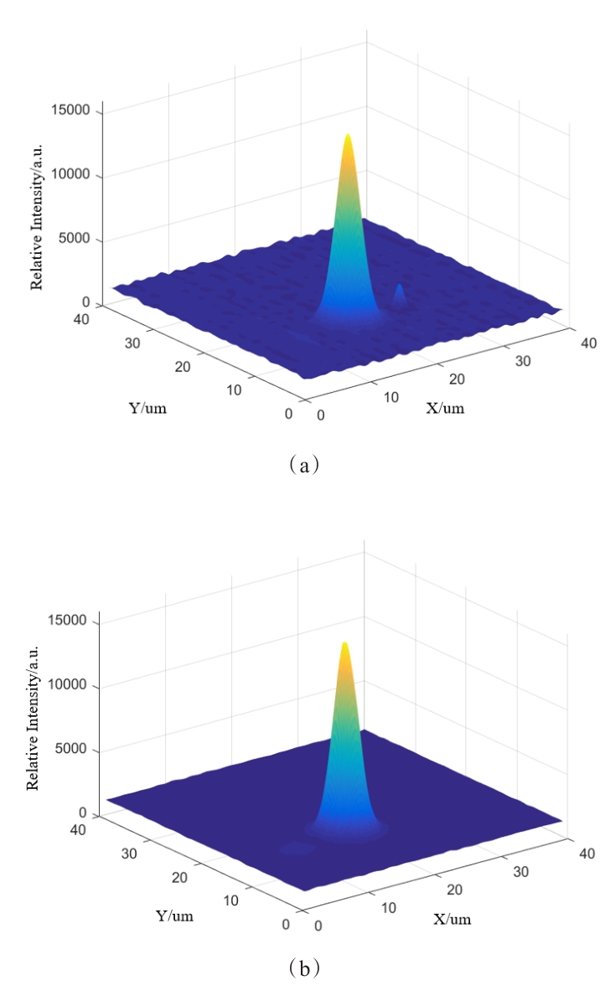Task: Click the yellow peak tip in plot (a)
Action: tap(348, 137)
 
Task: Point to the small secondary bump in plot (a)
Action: tap(400, 292)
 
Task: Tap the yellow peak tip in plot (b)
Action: tap(344, 646)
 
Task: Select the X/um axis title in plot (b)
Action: tap(452, 919)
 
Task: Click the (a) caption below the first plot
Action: tap(303, 462)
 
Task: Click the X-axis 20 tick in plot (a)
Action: tap(457, 379)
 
